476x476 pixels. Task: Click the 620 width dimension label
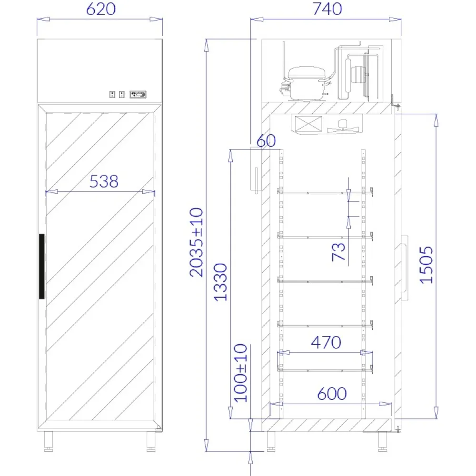coord(101,9)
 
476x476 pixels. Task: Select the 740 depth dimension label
coord(327,9)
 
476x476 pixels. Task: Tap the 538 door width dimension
coord(104,181)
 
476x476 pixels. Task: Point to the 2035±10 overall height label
coord(196,242)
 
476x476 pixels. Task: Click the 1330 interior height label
coord(220,282)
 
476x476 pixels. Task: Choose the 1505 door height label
coord(426,265)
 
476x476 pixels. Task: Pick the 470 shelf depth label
coord(326,342)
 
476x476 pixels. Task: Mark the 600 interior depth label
coord(332,394)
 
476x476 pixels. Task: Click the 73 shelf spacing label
coord(338,252)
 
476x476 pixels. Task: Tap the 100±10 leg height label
coord(240,373)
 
